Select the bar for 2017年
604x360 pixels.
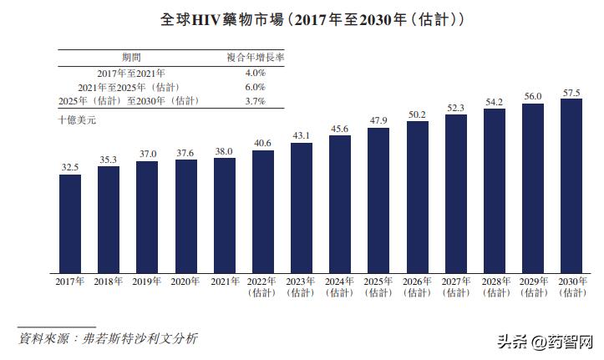click(70, 223)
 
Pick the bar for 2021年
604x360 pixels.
click(225, 215)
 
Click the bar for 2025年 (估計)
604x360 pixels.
click(378, 200)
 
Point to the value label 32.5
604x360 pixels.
click(70, 167)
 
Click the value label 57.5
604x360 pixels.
click(571, 92)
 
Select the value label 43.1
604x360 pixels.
click(302, 135)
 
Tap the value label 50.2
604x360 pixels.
click(417, 114)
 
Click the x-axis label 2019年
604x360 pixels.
click(147, 281)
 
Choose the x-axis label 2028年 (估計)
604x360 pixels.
click(495, 286)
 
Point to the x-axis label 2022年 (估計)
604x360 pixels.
click(263, 286)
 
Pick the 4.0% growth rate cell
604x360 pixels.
click(255, 73)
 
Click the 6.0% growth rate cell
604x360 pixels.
click(255, 87)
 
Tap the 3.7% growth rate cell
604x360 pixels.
click(255, 101)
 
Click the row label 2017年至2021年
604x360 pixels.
click(130, 73)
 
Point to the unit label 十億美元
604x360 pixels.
click(77, 119)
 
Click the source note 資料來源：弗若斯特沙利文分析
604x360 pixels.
click(109, 338)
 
